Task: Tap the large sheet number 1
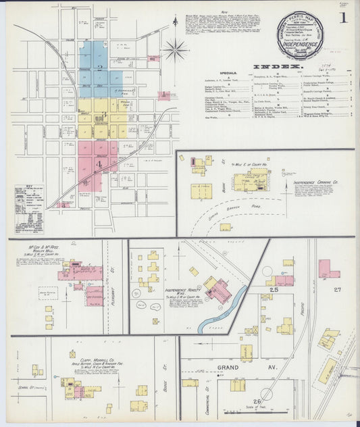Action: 343,18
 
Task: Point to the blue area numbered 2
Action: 100,68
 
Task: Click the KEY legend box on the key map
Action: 27,200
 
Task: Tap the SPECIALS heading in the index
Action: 230,72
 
